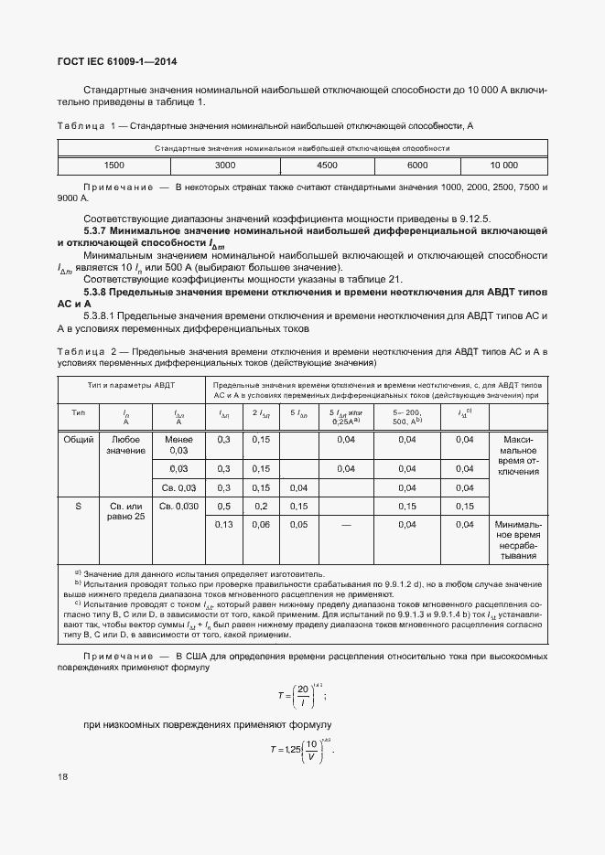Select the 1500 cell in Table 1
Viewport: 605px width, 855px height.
pos(114,166)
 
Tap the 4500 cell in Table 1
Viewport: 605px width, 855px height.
pos(327,166)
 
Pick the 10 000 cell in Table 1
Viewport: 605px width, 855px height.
pos(503,166)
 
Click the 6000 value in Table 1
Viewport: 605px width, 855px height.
pos(417,166)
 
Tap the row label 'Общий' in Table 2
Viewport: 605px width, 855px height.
pos(78,440)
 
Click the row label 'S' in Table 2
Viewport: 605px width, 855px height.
pos(78,506)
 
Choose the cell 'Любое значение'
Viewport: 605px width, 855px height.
pos(125,445)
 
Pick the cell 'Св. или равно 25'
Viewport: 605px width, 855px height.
pos(126,511)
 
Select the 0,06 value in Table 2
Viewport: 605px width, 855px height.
pos(261,524)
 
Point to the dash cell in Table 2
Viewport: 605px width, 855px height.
pos(346,524)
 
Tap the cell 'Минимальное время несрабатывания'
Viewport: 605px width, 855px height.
pos(518,540)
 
